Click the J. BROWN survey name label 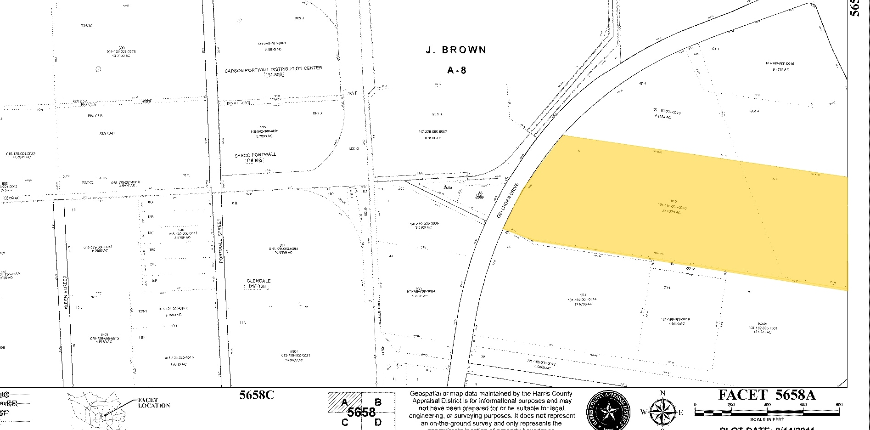(456, 50)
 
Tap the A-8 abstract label (457, 70)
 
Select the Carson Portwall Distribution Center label (273, 69)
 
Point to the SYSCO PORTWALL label (255, 155)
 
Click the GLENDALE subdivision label (259, 281)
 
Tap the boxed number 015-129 (258, 286)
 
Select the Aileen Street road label (66, 294)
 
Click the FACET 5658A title (767, 395)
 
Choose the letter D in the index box (378, 422)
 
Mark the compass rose (662, 411)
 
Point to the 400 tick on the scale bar (767, 405)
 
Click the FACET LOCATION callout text (154, 403)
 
